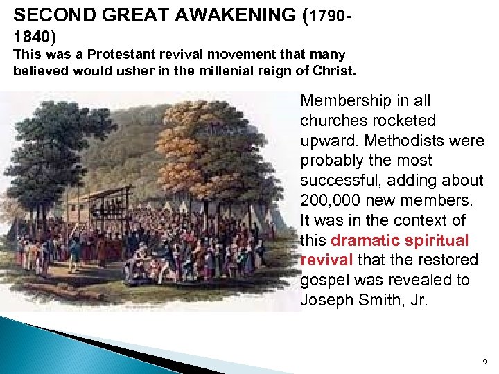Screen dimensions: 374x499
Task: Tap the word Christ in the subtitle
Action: tap(335, 71)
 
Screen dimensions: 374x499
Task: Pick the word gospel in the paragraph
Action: tap(324, 280)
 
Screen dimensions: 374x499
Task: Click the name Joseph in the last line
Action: tap(326, 300)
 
